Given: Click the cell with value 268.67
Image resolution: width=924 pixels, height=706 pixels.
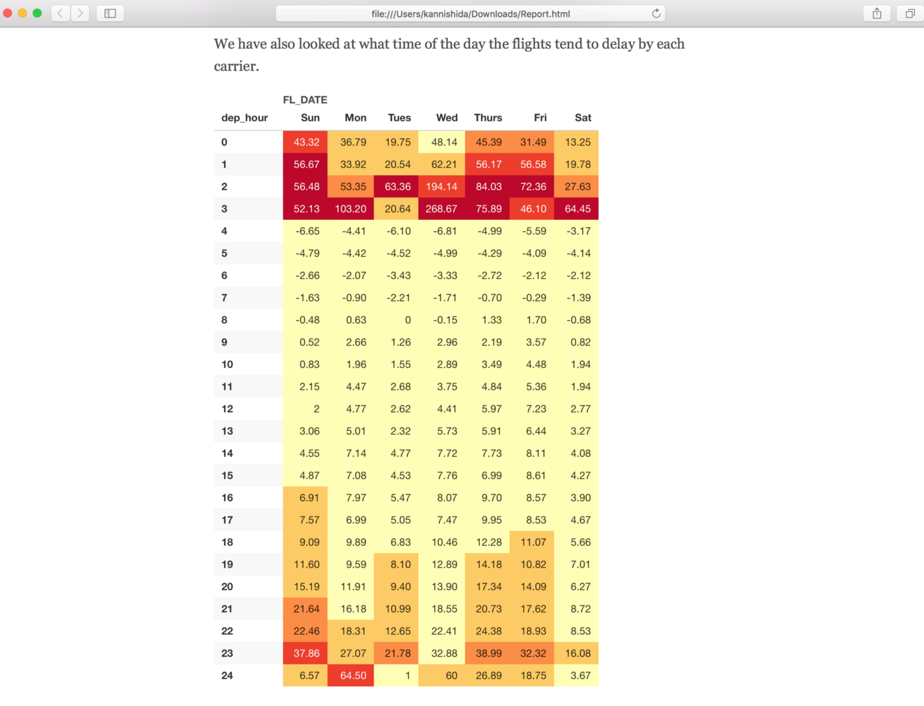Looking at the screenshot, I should tap(441, 209).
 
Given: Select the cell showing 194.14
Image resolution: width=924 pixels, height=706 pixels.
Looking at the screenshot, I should tap(441, 186).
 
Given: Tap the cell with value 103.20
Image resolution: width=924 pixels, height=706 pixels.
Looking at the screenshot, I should tap(351, 209).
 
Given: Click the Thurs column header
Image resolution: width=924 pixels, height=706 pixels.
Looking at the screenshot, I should tap(488, 118).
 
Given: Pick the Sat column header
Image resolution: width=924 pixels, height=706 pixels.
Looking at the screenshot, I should tap(583, 118).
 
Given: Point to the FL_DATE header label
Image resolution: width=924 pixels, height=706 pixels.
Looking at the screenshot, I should tap(305, 100).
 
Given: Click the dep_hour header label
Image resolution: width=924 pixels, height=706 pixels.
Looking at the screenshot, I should tap(244, 118).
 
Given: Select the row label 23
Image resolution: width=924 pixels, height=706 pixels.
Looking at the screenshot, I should tap(227, 653).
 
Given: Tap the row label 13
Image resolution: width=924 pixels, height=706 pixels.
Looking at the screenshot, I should tap(227, 431).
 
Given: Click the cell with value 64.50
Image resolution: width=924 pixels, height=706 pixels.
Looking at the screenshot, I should tap(353, 675).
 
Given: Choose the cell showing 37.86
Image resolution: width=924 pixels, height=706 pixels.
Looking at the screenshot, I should tap(306, 653).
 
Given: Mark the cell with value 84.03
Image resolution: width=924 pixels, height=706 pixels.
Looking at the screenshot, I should tap(489, 186).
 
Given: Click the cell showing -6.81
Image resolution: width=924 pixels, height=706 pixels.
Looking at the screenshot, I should tap(445, 231).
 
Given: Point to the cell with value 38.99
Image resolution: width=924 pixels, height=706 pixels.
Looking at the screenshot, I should tap(489, 653).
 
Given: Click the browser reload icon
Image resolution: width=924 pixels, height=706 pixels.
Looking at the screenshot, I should tap(656, 13).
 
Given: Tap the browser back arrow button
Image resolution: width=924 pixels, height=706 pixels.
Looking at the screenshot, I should tap(60, 13).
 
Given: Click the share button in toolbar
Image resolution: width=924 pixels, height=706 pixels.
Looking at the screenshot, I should tap(877, 13).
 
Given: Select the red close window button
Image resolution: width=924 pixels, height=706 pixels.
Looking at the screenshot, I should tap(8, 13).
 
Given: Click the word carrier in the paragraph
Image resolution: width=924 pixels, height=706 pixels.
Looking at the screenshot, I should tap(235, 66).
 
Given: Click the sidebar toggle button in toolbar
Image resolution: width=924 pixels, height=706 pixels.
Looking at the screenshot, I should tap(110, 13).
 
